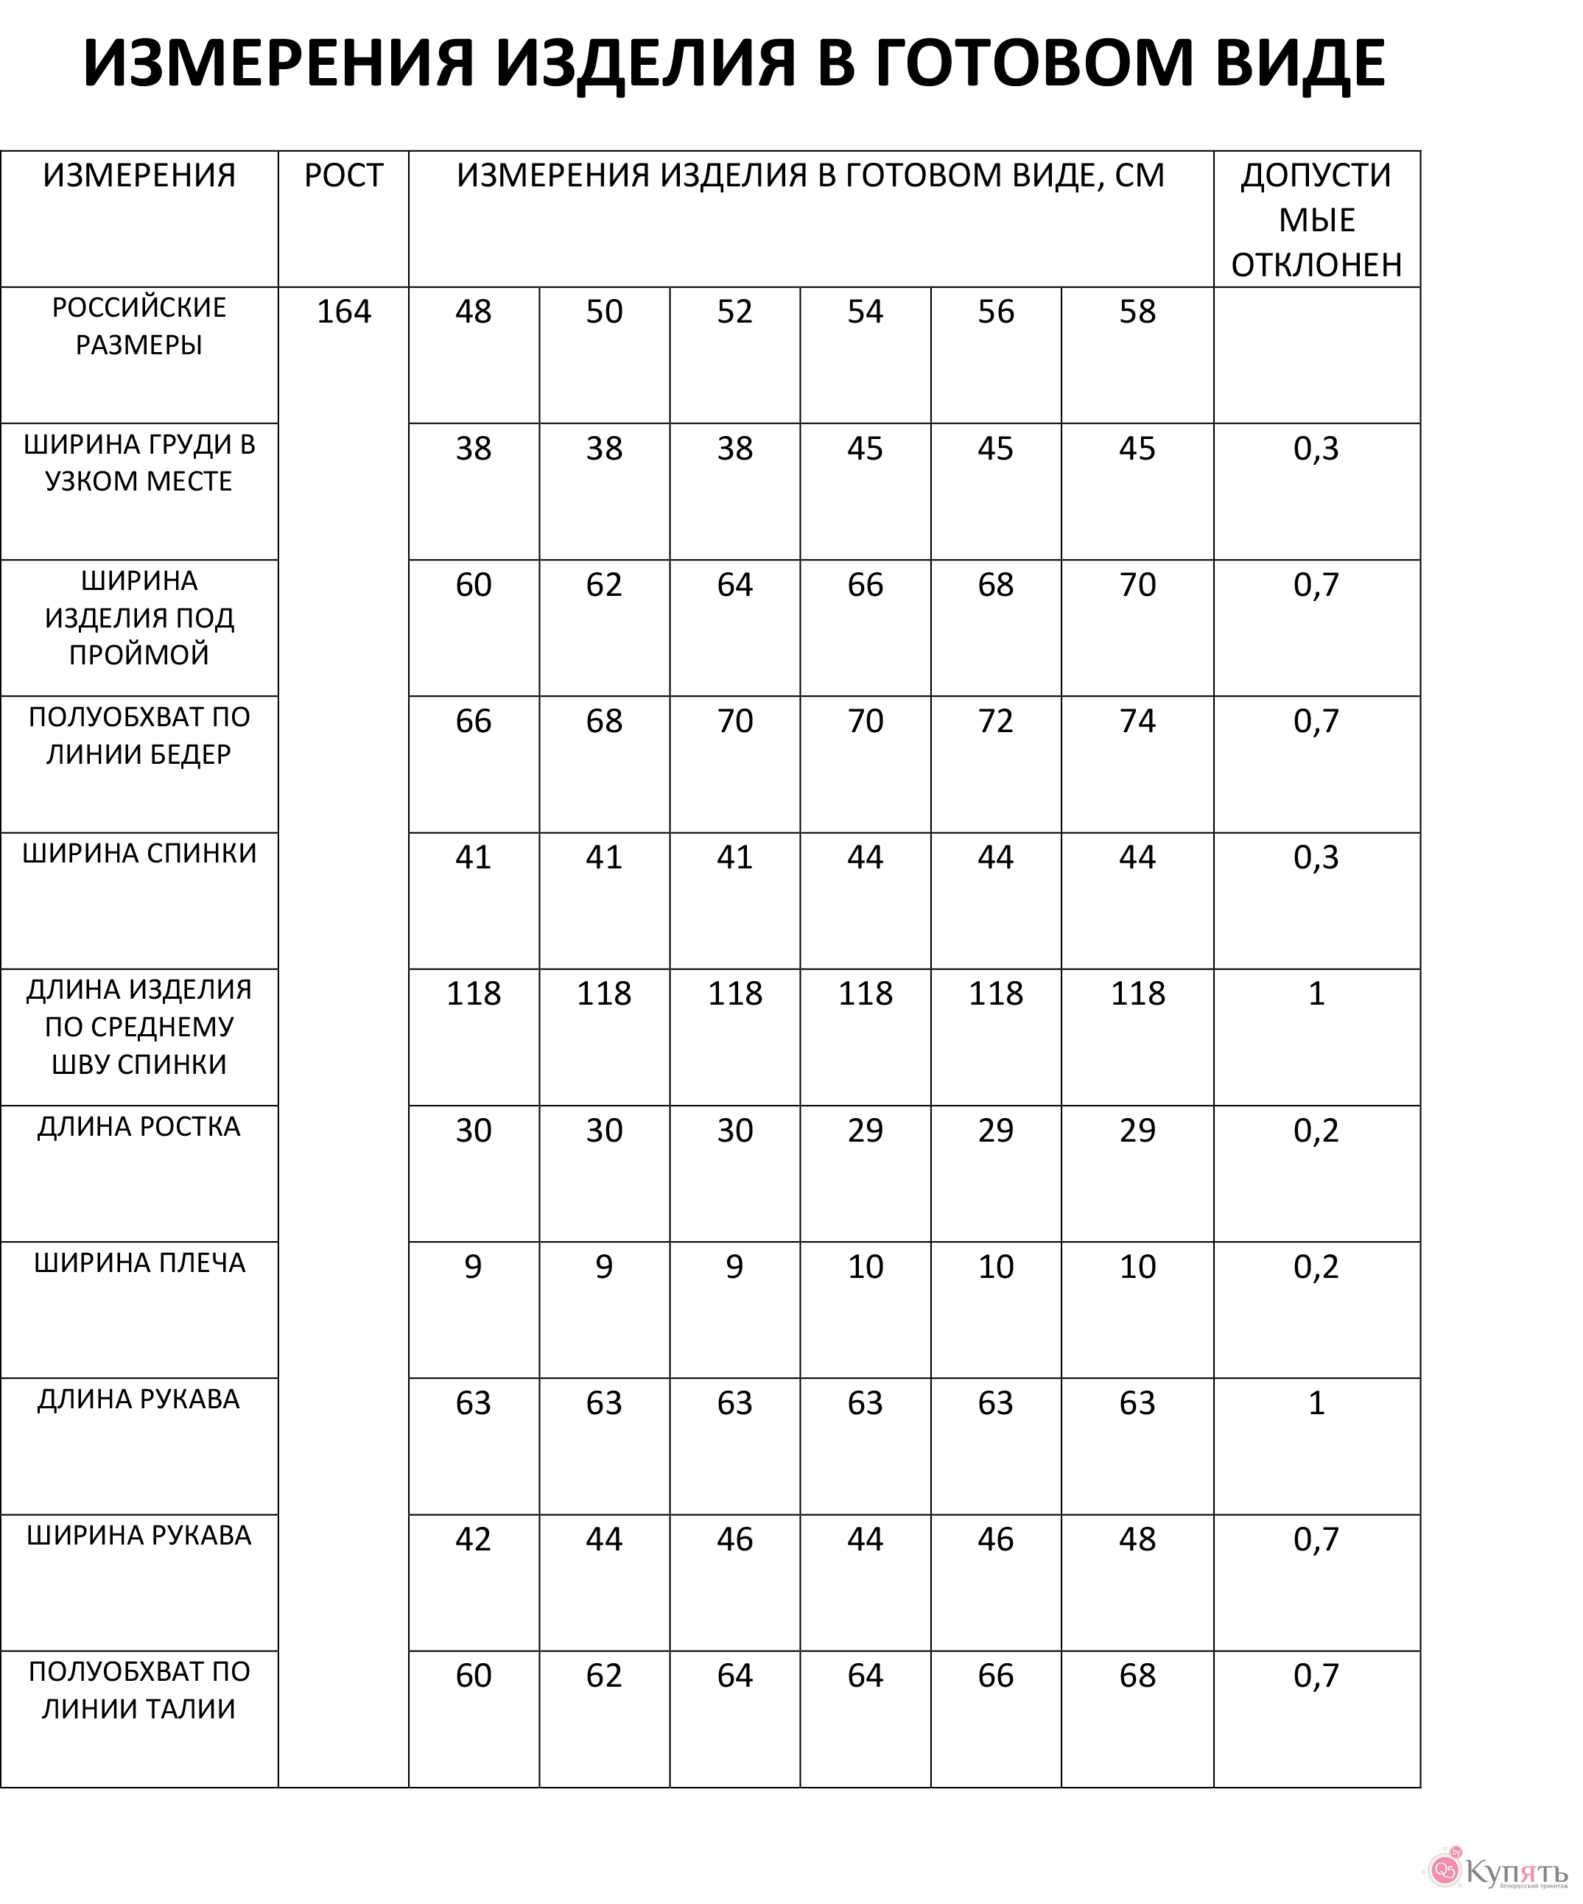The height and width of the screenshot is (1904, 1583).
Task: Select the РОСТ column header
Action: coord(343,175)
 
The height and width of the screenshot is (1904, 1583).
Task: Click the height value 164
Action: coord(343,312)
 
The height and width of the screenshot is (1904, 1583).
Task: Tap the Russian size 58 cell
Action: coord(1137,312)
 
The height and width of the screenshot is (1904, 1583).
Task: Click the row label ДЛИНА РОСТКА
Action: coord(138,1127)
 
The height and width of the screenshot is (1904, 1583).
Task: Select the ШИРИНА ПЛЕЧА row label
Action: coord(138,1263)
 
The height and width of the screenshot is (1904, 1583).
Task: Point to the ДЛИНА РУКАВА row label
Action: coord(138,1399)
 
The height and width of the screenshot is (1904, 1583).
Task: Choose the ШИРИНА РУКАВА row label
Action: coord(138,1535)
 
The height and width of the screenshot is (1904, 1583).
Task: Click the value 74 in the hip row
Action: coord(1137,721)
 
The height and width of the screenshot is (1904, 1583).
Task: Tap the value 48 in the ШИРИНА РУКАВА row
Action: coord(1137,1539)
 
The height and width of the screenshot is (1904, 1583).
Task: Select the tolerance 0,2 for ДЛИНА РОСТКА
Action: coord(1316,1130)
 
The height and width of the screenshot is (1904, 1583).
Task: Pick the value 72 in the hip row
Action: coord(995,721)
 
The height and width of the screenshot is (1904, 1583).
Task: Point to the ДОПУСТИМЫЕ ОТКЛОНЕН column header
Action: coord(1316,219)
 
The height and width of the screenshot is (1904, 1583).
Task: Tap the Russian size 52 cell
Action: coord(734,312)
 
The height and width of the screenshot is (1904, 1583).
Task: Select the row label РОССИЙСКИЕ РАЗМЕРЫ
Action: coord(138,326)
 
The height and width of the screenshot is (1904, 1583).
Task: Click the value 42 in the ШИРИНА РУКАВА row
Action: coord(473,1539)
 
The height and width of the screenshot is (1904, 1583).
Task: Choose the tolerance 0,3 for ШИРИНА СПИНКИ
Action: coord(1316,857)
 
